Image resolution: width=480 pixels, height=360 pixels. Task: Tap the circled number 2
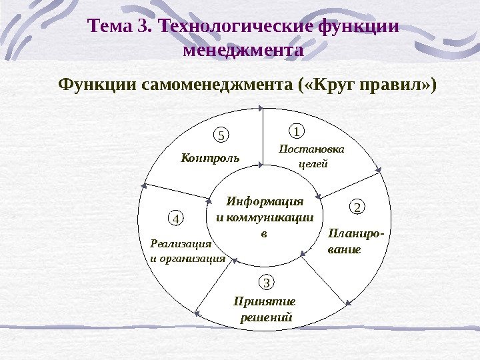click(x=357, y=207)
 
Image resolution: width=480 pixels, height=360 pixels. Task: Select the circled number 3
click(x=266, y=283)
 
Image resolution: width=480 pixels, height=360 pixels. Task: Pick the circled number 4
click(x=175, y=218)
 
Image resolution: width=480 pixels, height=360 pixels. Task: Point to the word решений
click(x=266, y=317)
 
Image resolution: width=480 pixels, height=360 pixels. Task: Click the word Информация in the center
click(x=265, y=201)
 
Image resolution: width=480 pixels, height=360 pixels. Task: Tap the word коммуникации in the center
click(x=270, y=217)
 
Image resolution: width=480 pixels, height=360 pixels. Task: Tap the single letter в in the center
click(x=263, y=233)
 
